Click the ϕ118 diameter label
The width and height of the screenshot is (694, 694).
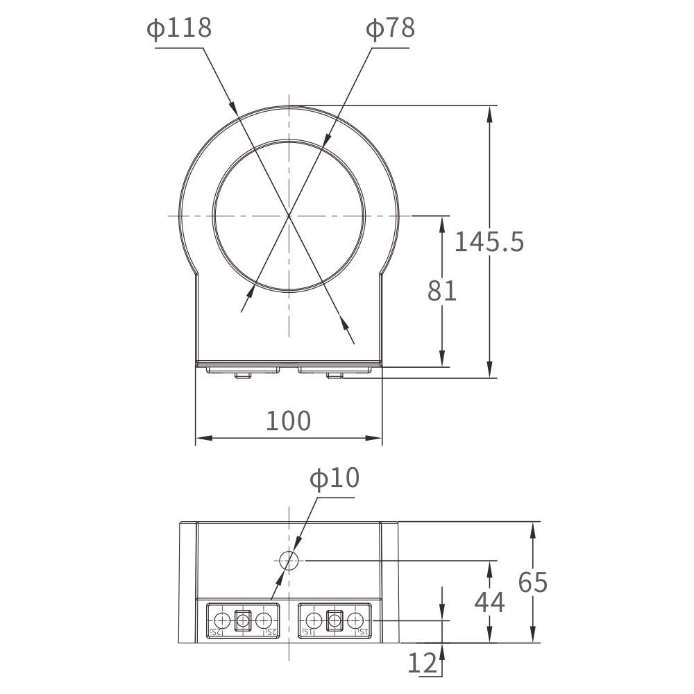(178, 29)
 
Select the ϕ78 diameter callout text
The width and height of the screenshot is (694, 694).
(390, 29)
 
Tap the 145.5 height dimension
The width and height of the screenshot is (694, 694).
(489, 242)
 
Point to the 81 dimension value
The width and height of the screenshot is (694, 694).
(442, 291)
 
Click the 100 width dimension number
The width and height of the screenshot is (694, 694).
(289, 421)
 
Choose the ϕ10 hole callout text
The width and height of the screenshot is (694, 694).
(335, 479)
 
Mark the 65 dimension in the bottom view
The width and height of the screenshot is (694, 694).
(533, 583)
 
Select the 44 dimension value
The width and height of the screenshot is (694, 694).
(489, 602)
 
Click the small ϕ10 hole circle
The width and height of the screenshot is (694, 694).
(289, 560)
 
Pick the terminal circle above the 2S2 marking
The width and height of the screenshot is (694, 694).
(223, 620)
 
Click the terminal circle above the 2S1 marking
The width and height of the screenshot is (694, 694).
(263, 620)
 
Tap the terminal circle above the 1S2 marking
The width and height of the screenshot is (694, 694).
(314, 620)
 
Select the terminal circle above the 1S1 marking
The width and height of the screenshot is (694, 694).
(355, 620)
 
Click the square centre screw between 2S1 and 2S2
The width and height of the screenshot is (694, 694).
(243, 620)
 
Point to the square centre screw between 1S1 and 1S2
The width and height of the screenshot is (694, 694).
(335, 620)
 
